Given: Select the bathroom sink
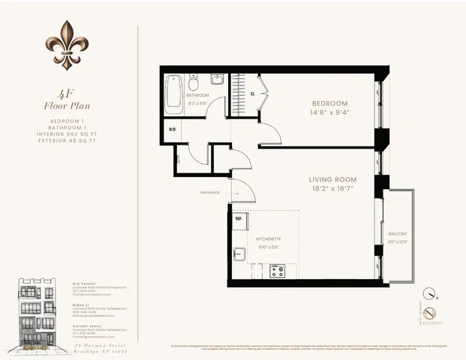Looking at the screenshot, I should (216, 79).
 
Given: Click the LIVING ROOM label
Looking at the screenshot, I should (332, 180).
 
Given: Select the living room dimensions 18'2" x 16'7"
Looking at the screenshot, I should (332, 190).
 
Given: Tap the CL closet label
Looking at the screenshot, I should (253, 94).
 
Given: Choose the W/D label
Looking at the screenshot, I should (172, 130).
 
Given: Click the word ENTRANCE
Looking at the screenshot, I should (210, 193).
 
